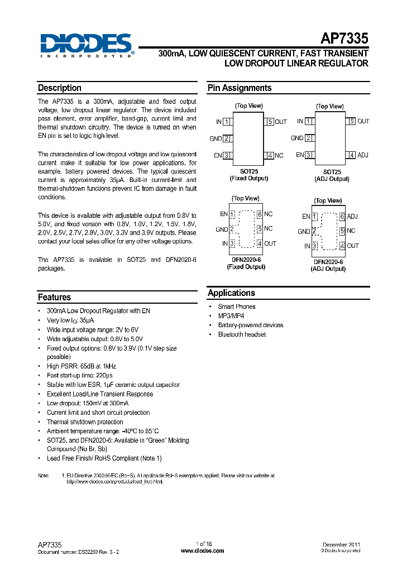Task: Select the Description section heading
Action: coord(60,88)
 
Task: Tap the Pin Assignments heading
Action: coord(240,88)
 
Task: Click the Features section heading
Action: coord(54,298)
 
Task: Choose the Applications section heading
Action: coord(231,293)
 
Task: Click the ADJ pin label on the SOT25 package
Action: coord(363,155)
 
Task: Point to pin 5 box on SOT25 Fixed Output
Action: coord(270,122)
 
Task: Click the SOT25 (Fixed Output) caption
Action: coord(248,175)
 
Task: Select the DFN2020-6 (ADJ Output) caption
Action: coord(328,265)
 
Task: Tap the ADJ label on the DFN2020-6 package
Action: coord(352,217)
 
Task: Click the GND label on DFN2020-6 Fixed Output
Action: coord(222,229)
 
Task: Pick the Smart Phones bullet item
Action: coord(237,307)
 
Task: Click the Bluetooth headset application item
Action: coord(242,334)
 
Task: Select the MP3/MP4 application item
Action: coord(231,316)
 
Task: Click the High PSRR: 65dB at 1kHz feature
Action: coord(82,366)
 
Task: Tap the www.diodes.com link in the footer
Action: coord(203,550)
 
